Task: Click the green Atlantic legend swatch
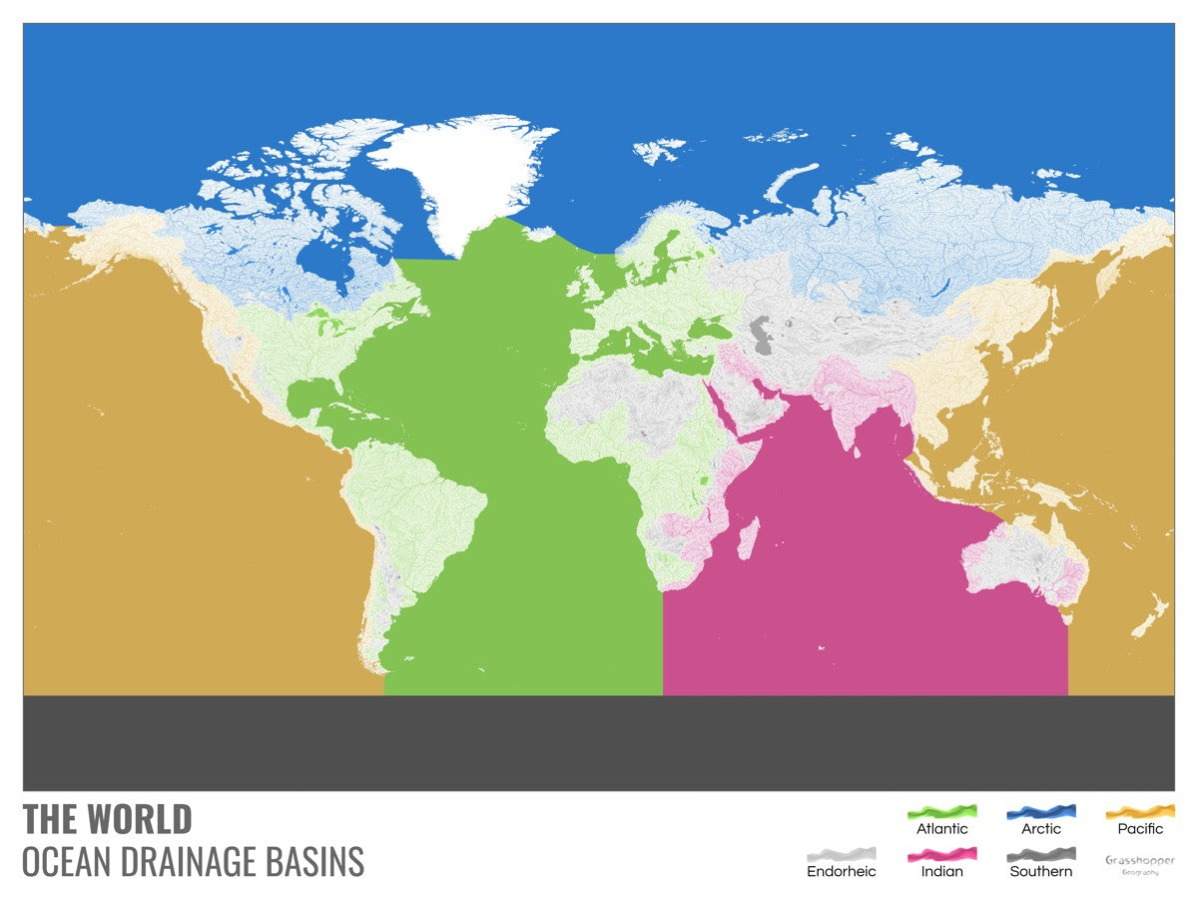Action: pyautogui.click(x=941, y=811)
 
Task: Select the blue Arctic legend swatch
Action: pyautogui.click(x=1041, y=811)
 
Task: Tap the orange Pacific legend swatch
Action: pyautogui.click(x=1140, y=811)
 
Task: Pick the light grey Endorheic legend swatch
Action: pyautogui.click(x=841, y=854)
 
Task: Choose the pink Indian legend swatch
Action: pyautogui.click(x=941, y=854)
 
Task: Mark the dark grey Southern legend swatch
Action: pyautogui.click(x=1041, y=854)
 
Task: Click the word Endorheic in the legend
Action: pyautogui.click(x=841, y=871)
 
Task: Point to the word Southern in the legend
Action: pyautogui.click(x=1041, y=871)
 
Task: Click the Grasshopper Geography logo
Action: pyautogui.click(x=1140, y=864)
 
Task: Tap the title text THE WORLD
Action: pyautogui.click(x=107, y=819)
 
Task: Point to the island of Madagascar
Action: pyautogui.click(x=745, y=537)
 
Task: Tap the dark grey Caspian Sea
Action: pyautogui.click(x=762, y=334)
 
